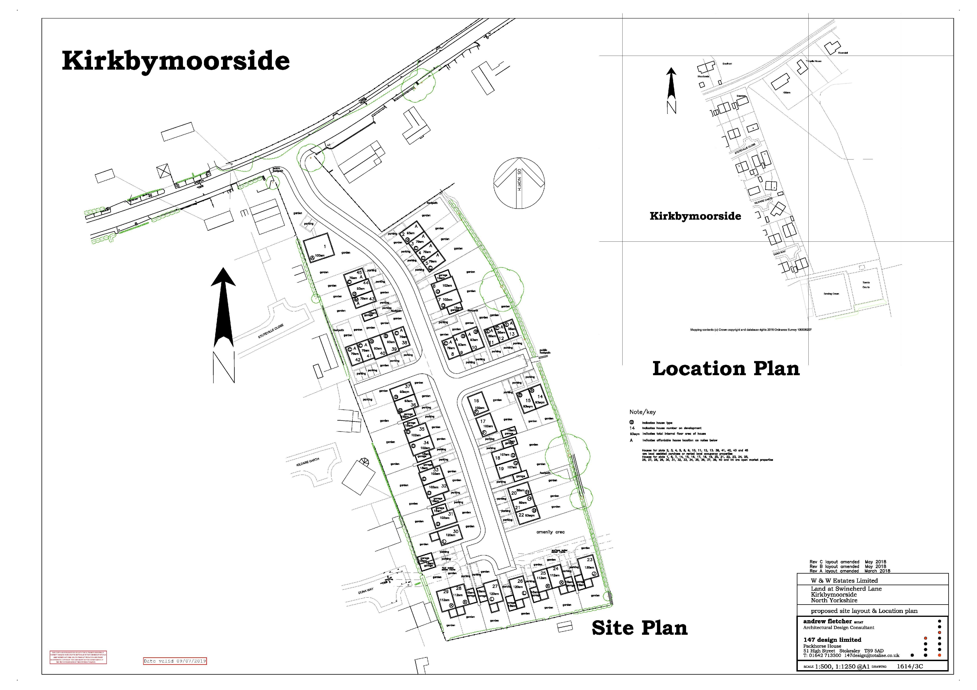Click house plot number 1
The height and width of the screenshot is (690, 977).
point(325,246)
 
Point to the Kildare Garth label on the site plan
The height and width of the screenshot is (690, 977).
point(308,462)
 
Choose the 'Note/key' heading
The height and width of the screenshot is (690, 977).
point(643,412)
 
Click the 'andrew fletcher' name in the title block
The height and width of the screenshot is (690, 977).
point(827,622)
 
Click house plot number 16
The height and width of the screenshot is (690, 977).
point(476,401)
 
